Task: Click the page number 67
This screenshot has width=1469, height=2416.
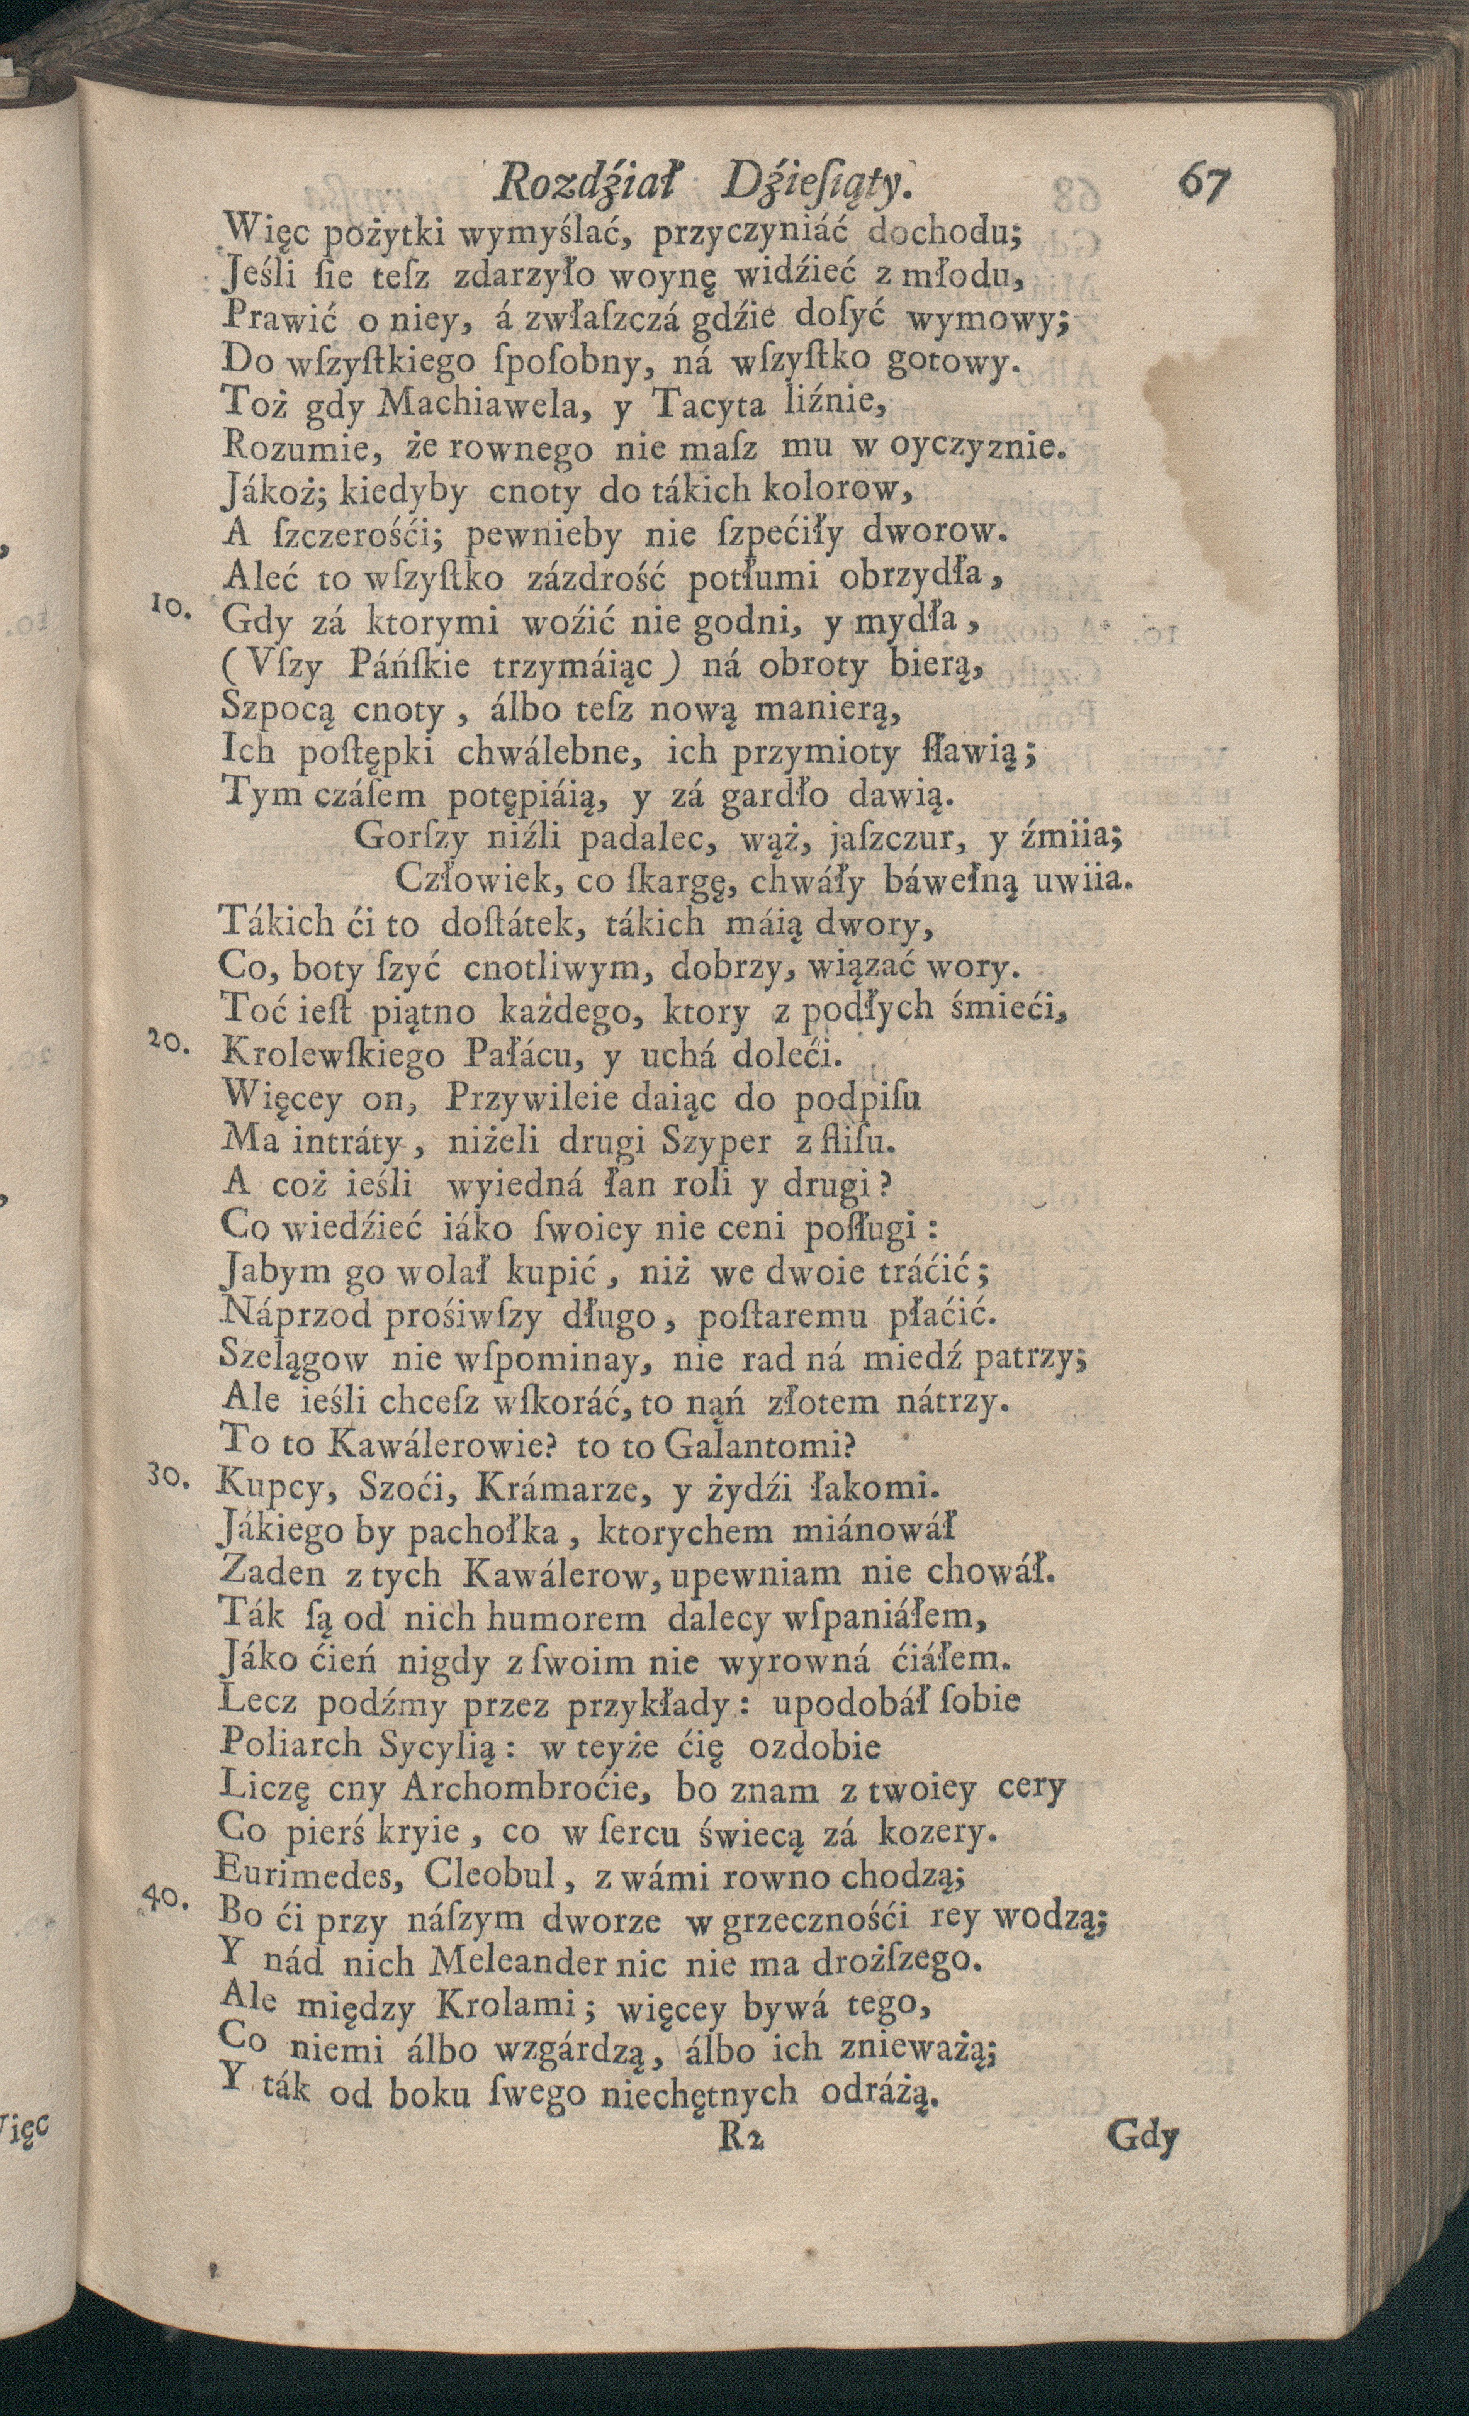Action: coord(1204,182)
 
